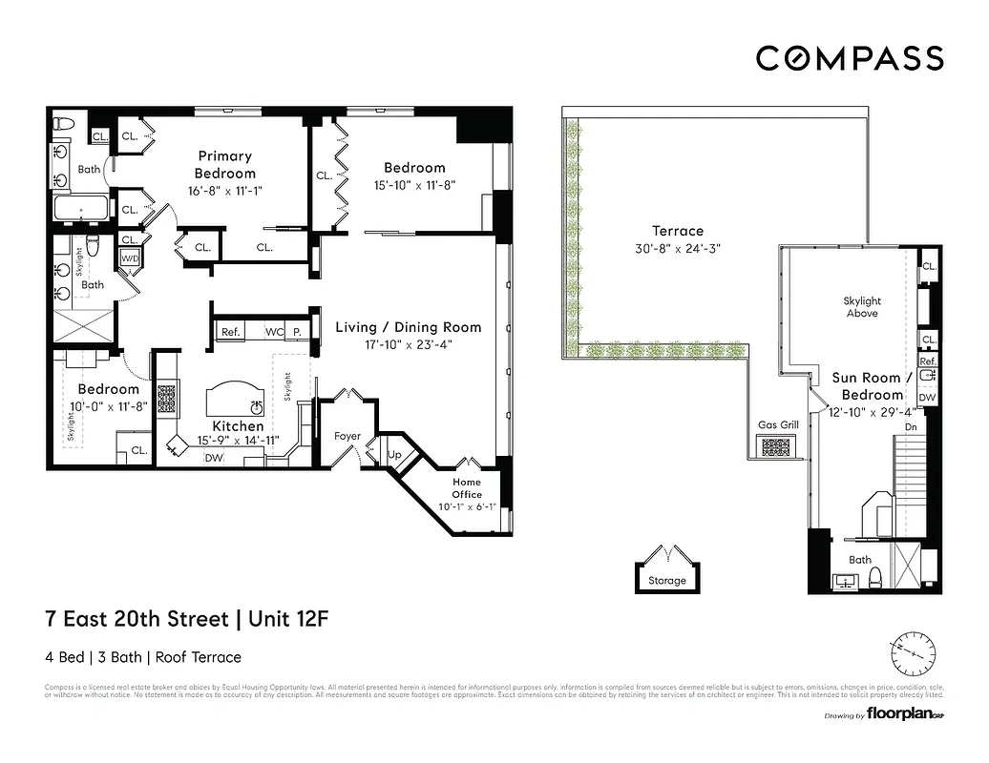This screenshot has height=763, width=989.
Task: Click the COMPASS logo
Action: tap(850, 58)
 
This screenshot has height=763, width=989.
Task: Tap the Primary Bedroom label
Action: tap(225, 164)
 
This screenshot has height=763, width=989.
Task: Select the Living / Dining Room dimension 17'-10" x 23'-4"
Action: tap(408, 345)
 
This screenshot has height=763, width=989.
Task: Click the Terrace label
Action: tap(677, 231)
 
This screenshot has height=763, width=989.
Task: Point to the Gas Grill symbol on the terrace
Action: tap(776, 445)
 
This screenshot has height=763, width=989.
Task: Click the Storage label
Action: tap(666, 580)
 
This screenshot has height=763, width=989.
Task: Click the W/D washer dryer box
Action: tap(129, 258)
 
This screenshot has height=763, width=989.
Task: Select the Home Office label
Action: tap(467, 488)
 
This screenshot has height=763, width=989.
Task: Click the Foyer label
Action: tap(347, 436)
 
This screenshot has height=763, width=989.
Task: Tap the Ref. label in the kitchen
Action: tap(229, 332)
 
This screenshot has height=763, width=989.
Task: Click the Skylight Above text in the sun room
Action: tap(862, 306)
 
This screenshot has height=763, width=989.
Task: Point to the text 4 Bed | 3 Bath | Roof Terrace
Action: tap(143, 657)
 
